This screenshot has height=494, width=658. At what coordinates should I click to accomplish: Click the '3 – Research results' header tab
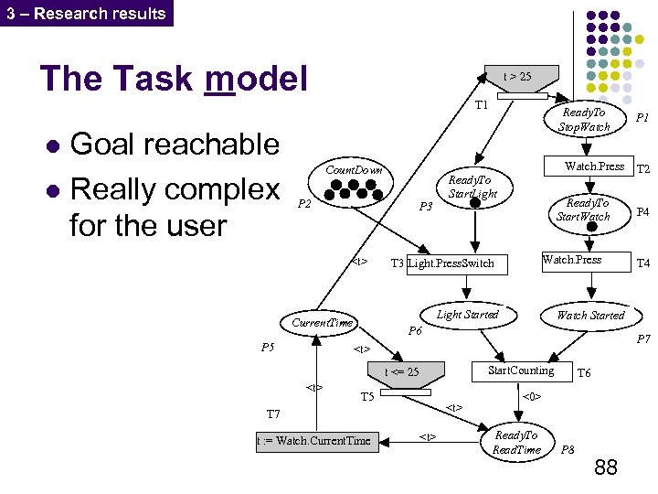tap(86, 13)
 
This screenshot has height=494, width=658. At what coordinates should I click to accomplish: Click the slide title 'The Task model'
tap(174, 79)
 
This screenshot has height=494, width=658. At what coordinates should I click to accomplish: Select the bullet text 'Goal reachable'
tap(174, 144)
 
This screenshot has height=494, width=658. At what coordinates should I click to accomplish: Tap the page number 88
tap(605, 468)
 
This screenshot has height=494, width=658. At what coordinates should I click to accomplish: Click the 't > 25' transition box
tap(517, 77)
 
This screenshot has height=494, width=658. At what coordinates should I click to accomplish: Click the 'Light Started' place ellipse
tap(467, 316)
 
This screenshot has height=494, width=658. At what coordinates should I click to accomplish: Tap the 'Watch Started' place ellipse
tap(590, 316)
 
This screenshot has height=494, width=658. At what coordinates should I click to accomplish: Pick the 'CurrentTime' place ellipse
tap(321, 323)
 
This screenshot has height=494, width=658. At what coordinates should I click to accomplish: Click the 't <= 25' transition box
tap(403, 371)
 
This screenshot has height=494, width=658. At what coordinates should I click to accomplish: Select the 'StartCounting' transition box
tap(521, 370)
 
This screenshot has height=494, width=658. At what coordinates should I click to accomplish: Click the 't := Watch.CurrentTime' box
tap(314, 441)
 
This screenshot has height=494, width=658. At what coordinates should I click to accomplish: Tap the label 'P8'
tap(568, 450)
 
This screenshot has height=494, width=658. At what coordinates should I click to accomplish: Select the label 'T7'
tap(273, 414)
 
